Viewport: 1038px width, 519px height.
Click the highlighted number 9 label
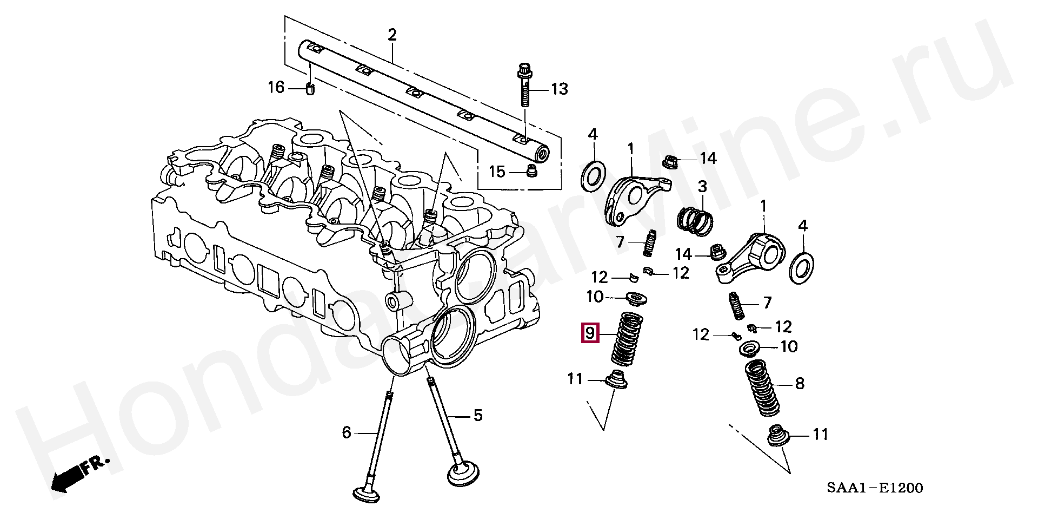[589, 333]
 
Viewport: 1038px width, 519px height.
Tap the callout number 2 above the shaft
[392, 35]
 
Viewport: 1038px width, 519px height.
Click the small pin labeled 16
[310, 88]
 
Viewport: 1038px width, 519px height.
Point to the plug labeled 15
[531, 172]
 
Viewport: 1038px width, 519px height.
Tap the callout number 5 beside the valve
[477, 416]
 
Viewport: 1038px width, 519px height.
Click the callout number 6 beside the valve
[347, 432]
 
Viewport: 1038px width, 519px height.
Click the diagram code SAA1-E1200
[874, 488]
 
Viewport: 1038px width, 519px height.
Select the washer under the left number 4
[593, 175]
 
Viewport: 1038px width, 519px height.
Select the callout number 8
[800, 384]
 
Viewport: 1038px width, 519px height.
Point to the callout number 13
[560, 89]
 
